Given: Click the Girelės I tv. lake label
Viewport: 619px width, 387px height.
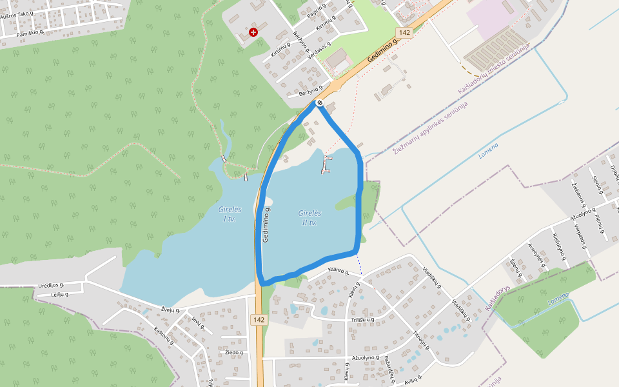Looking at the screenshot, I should coord(230,214).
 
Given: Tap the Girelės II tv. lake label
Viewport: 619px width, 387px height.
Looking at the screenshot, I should coord(308,217).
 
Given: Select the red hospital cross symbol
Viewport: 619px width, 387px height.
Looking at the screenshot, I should coord(253,32).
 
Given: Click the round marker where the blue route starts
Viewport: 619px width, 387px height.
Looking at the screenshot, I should coord(319,103).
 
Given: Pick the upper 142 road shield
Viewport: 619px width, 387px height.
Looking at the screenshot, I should coord(404,32).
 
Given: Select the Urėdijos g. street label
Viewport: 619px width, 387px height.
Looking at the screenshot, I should coord(51,284).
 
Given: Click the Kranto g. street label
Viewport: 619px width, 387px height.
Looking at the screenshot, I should coord(338,272).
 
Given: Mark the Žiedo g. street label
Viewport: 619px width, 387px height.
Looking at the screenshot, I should coord(233,353).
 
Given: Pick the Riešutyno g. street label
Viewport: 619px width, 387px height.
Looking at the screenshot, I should coord(559,247).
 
